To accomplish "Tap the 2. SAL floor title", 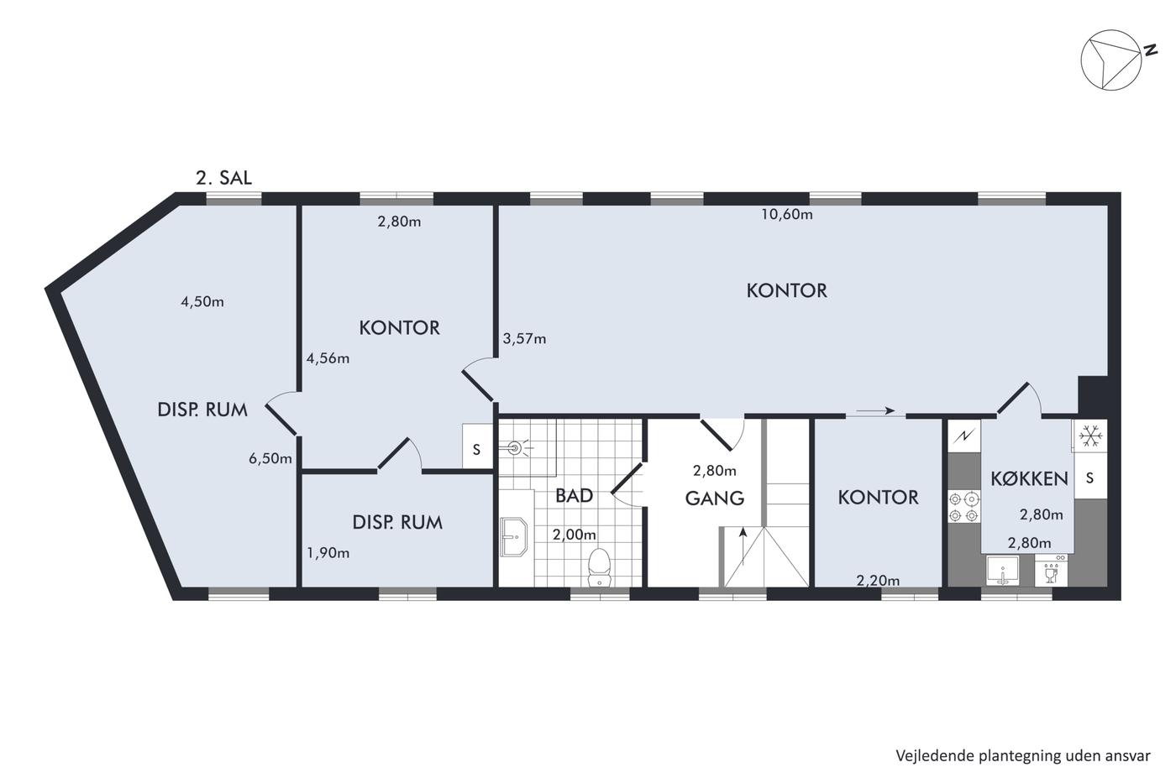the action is coord(223,178).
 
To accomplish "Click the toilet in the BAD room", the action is coord(600,567).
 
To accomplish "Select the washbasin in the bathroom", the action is coord(514,536).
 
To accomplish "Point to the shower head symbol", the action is coord(517,448).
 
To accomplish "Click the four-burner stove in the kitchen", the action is coord(964,507).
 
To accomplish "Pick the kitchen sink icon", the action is coord(1002,571).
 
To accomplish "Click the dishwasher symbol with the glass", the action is coord(1051,571).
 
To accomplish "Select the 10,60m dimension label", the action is coord(787,214).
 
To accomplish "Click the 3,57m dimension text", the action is coord(524,339).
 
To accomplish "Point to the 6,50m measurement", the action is coord(270,458).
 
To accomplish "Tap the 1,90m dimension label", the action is coord(328,553).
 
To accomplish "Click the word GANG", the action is coord(715,499).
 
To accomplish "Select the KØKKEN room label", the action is coord(1030,478).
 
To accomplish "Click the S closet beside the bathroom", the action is coord(477,450).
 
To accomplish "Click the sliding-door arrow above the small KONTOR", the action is coord(875,410).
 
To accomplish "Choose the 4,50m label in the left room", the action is coord(202,301).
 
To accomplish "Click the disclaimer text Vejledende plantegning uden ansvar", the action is coord(1023,756).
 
